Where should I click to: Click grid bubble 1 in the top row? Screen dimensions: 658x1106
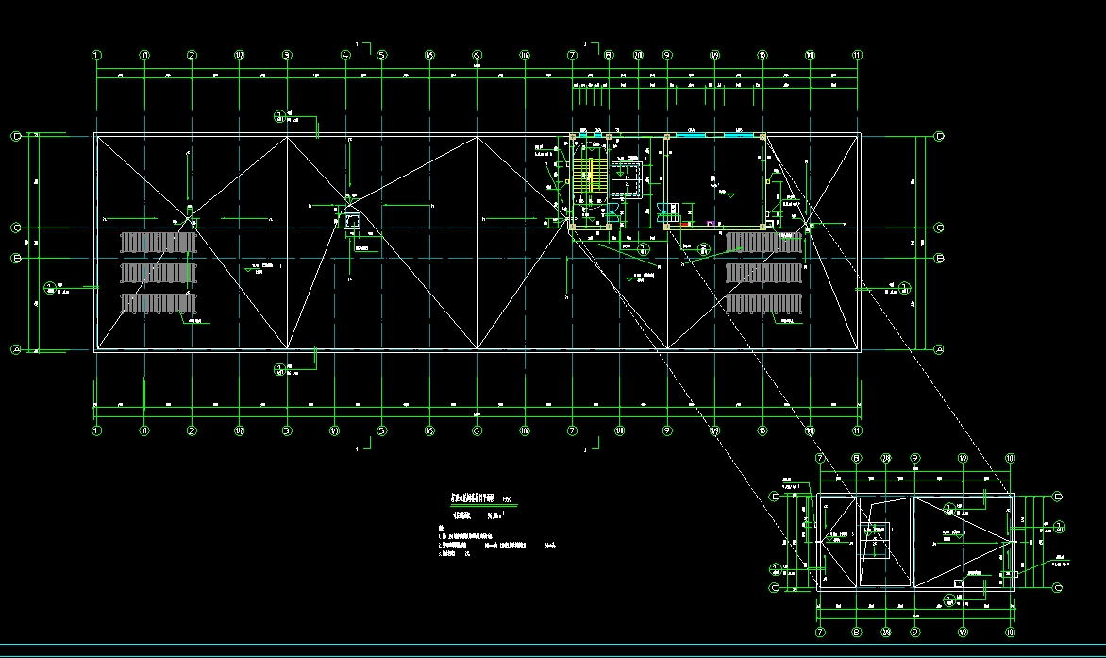(x=96, y=55)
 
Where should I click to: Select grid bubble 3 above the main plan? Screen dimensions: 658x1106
(x=287, y=55)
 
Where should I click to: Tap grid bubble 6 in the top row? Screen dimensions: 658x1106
(x=477, y=55)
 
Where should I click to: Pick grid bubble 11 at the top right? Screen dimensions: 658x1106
(x=858, y=55)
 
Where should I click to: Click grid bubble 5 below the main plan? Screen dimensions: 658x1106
(x=381, y=430)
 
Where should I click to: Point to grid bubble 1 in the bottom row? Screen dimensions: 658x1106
(x=96, y=430)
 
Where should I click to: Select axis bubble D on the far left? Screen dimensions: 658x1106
(x=16, y=136)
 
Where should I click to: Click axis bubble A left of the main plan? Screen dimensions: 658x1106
(x=16, y=349)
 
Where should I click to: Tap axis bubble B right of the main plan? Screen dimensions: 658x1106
(x=939, y=258)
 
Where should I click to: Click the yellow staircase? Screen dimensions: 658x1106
(x=592, y=175)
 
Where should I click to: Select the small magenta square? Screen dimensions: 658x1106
(x=712, y=224)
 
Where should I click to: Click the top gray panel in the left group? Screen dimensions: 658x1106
(x=158, y=243)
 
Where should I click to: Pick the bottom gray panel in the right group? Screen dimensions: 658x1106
(x=763, y=304)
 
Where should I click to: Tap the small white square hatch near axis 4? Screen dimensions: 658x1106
(x=352, y=220)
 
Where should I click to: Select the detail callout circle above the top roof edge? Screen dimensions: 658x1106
(x=279, y=117)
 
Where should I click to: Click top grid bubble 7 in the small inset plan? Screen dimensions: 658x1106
(x=820, y=458)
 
